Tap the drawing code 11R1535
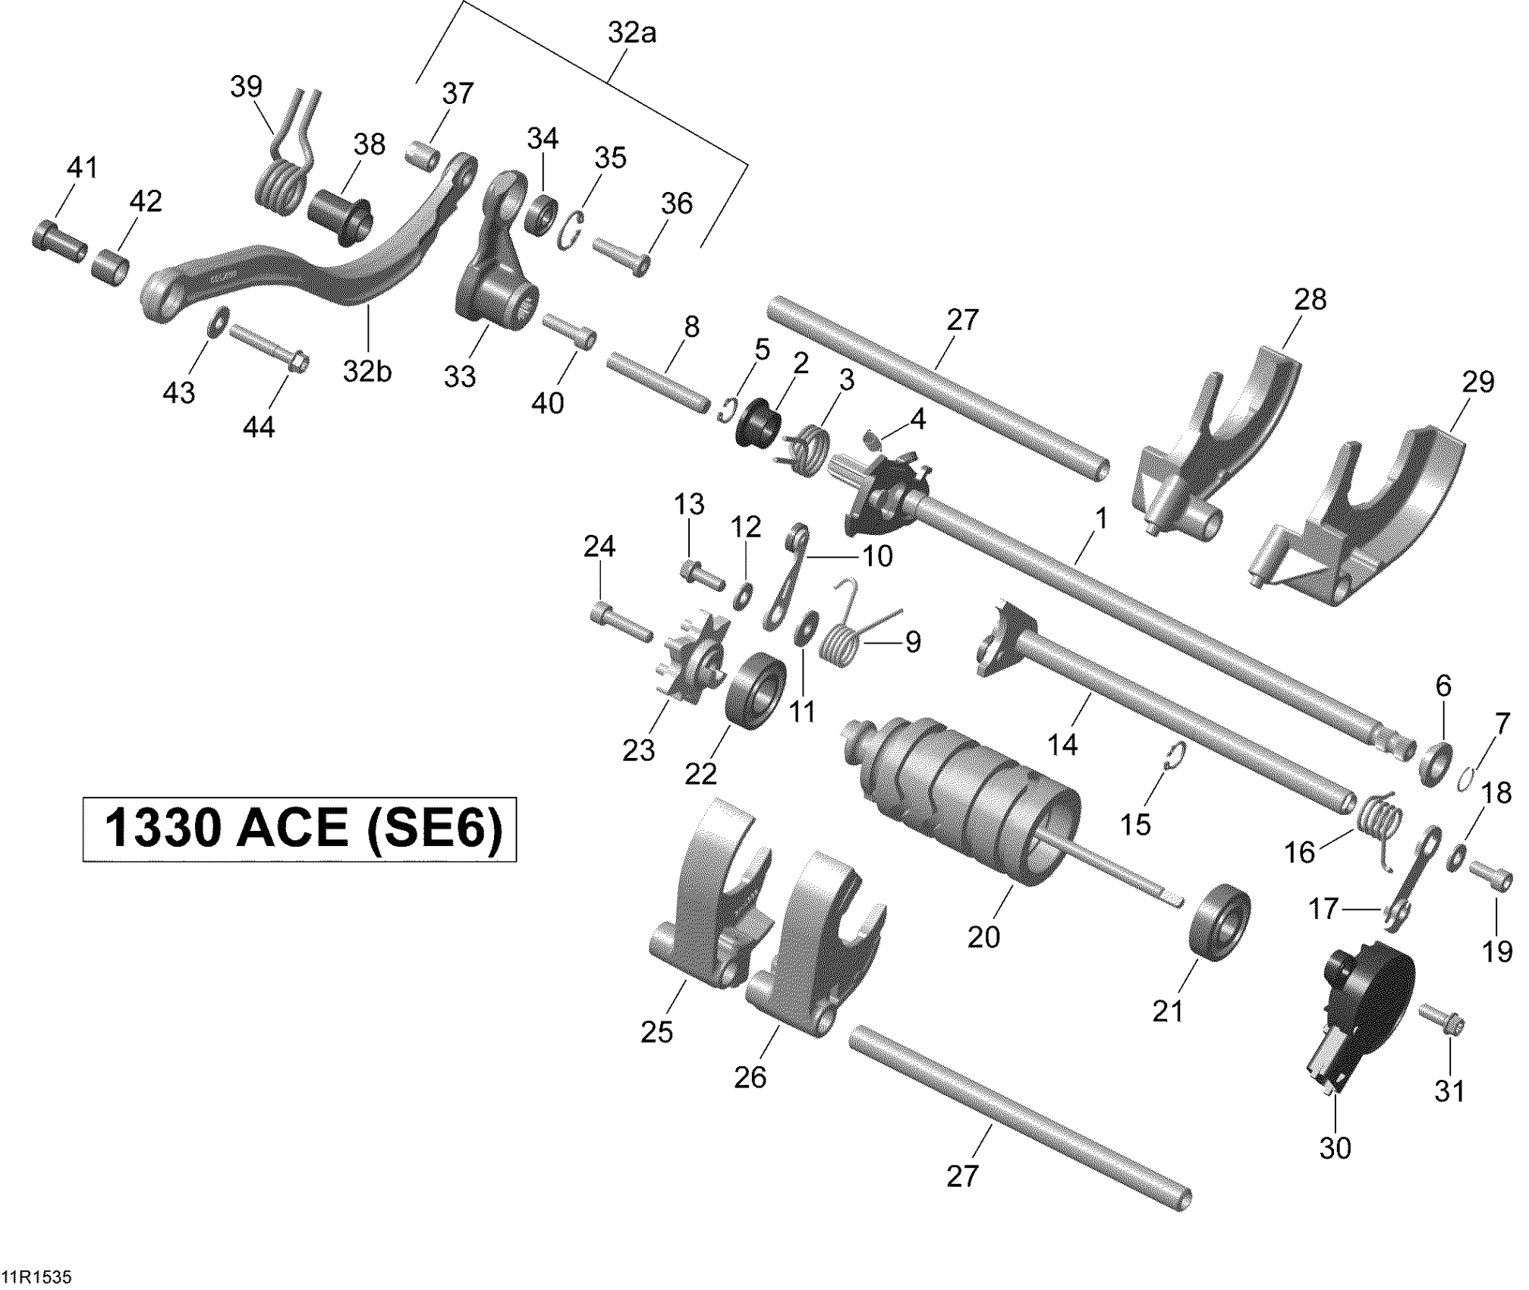tap(36, 1277)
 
